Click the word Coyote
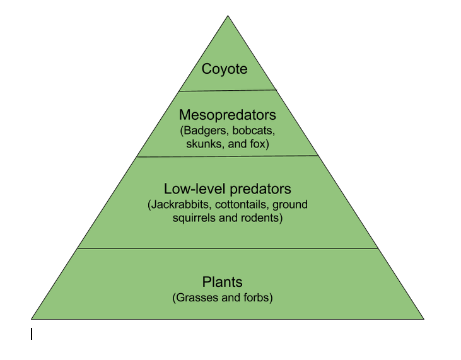click(x=225, y=69)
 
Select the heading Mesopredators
click(x=228, y=115)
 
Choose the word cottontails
click(x=242, y=204)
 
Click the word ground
click(x=290, y=205)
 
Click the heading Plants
click(x=222, y=282)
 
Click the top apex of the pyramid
click(x=228, y=16)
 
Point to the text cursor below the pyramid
click(x=32, y=334)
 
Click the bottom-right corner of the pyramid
click(x=424, y=319)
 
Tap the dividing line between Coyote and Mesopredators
click(x=228, y=91)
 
